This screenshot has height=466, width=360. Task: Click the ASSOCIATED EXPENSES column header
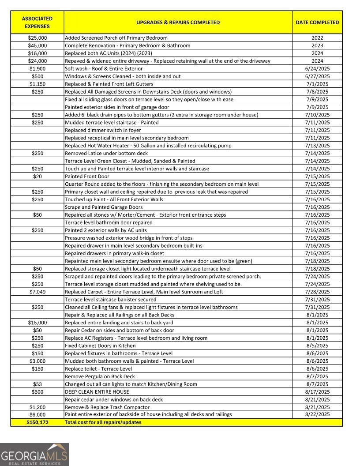point(37,23)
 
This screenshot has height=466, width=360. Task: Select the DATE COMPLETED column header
point(317,23)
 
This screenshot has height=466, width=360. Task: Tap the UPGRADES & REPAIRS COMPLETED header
point(178,23)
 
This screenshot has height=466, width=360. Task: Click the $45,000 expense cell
point(37,45)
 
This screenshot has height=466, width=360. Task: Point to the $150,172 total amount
point(37,422)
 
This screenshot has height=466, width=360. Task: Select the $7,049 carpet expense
point(37,292)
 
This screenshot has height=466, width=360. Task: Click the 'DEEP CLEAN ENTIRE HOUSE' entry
point(97,392)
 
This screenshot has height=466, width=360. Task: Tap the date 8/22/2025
point(317,415)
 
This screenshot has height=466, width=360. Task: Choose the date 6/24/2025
point(317,69)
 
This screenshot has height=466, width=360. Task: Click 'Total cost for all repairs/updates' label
point(103,422)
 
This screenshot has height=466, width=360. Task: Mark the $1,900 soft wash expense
point(37,69)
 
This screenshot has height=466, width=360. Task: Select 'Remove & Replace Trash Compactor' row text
point(107,407)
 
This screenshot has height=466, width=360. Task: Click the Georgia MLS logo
point(34,454)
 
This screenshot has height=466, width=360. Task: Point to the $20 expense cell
point(37,177)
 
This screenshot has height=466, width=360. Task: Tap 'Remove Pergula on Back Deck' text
point(100,376)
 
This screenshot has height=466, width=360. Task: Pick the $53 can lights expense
point(37,384)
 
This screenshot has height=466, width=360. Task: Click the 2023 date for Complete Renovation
point(317,45)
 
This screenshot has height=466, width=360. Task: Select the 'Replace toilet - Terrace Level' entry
point(98,369)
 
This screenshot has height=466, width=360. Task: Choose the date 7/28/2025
point(317,292)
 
